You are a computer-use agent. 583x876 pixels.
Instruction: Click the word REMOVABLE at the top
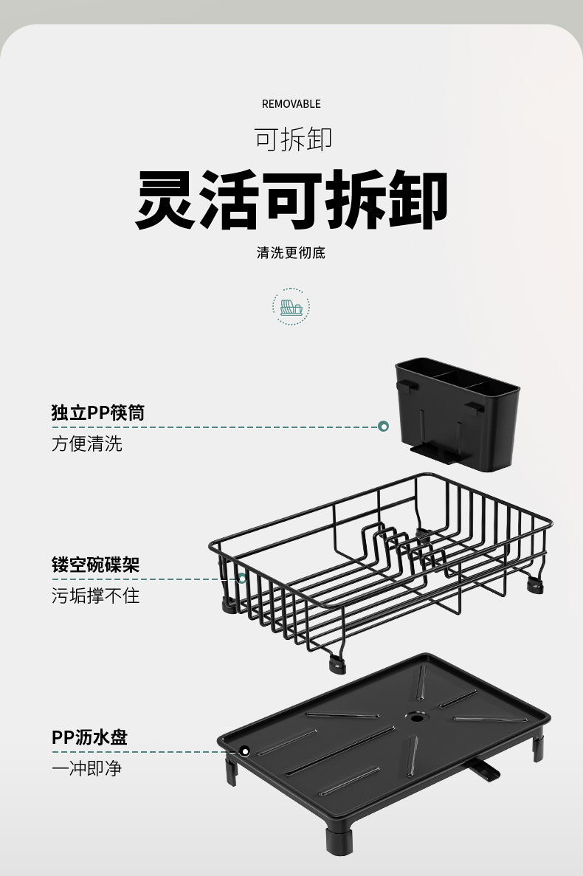click(x=291, y=104)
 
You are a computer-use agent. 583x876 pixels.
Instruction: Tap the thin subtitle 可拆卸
click(x=293, y=139)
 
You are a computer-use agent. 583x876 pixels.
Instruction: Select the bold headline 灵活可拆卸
click(x=292, y=200)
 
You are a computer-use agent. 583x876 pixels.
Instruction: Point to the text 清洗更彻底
click(x=291, y=253)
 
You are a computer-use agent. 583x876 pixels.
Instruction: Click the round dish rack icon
click(x=291, y=307)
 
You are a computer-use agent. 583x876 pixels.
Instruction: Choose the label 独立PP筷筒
click(x=98, y=413)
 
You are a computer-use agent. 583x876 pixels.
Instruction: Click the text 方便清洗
click(x=87, y=444)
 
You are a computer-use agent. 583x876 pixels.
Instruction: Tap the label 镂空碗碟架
click(x=96, y=565)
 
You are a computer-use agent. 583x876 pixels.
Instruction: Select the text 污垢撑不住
click(x=96, y=596)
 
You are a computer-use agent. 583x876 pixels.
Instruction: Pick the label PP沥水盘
click(x=90, y=737)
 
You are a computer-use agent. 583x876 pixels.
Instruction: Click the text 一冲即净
click(x=87, y=768)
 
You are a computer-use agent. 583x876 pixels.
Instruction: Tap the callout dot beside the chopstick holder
click(x=383, y=427)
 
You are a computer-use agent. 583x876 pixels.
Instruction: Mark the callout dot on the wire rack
click(x=241, y=579)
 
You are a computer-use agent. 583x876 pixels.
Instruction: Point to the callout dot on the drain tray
click(x=245, y=751)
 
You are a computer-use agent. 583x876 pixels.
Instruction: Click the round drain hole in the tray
click(x=417, y=717)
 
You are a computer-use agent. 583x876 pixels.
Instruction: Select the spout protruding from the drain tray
click(x=483, y=770)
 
